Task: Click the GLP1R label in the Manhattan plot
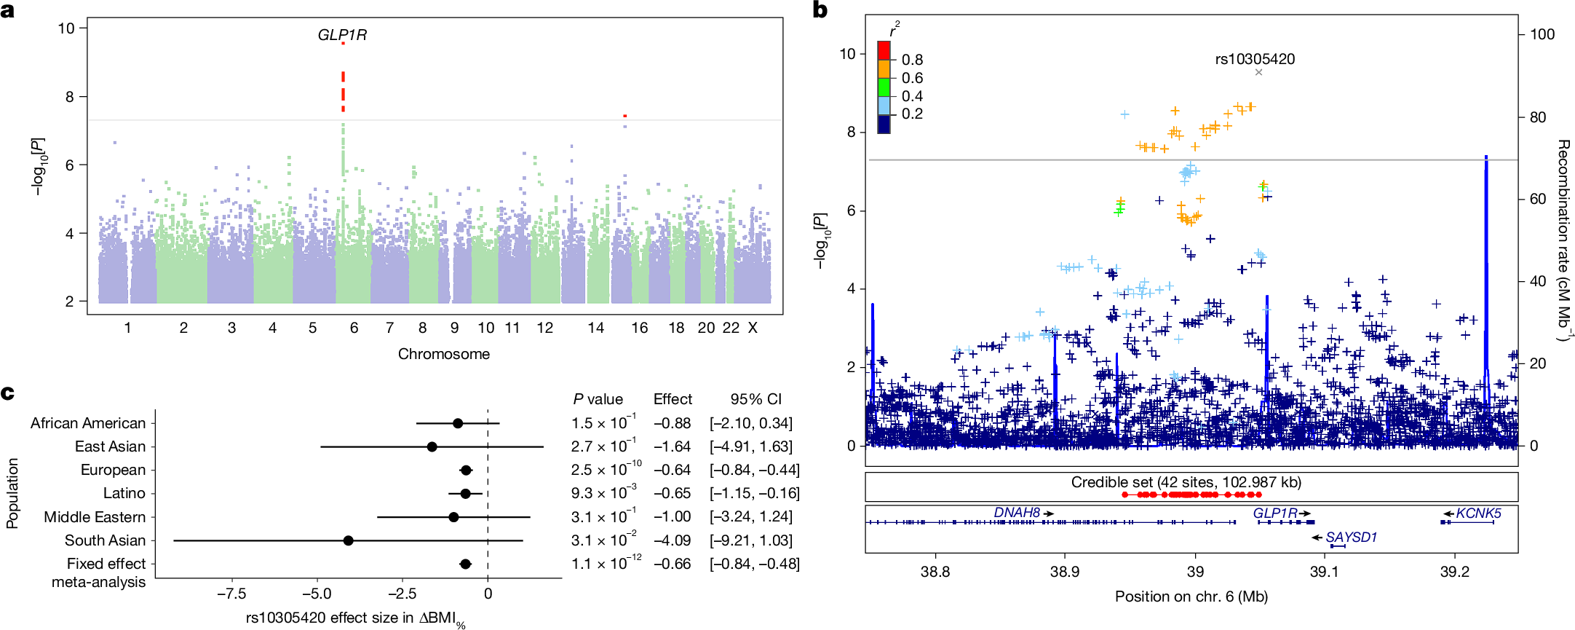pyautogui.click(x=342, y=35)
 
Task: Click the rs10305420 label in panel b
pyautogui.click(x=1255, y=59)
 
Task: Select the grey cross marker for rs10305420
pyautogui.click(x=1258, y=72)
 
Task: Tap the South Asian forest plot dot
pyautogui.click(x=348, y=540)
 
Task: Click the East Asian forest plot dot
pyautogui.click(x=432, y=446)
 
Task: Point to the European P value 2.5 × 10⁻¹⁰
pyautogui.click(x=606, y=470)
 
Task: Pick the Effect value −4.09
pyautogui.click(x=672, y=540)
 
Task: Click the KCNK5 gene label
pyautogui.click(x=1477, y=513)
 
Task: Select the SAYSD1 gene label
pyautogui.click(x=1351, y=538)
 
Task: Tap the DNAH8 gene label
pyautogui.click(x=1017, y=513)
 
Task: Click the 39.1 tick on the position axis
pyautogui.click(x=1324, y=572)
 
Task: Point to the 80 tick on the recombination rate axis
pyautogui.click(x=1537, y=117)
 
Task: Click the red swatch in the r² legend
pyautogui.click(x=884, y=50)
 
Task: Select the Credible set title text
pyautogui.click(x=1186, y=482)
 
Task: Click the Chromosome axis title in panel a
pyautogui.click(x=443, y=354)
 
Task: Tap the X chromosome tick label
pyautogui.click(x=753, y=328)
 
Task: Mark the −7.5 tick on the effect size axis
pyautogui.click(x=231, y=594)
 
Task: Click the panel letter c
pyautogui.click(x=8, y=393)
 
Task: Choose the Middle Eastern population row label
pyautogui.click(x=95, y=517)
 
